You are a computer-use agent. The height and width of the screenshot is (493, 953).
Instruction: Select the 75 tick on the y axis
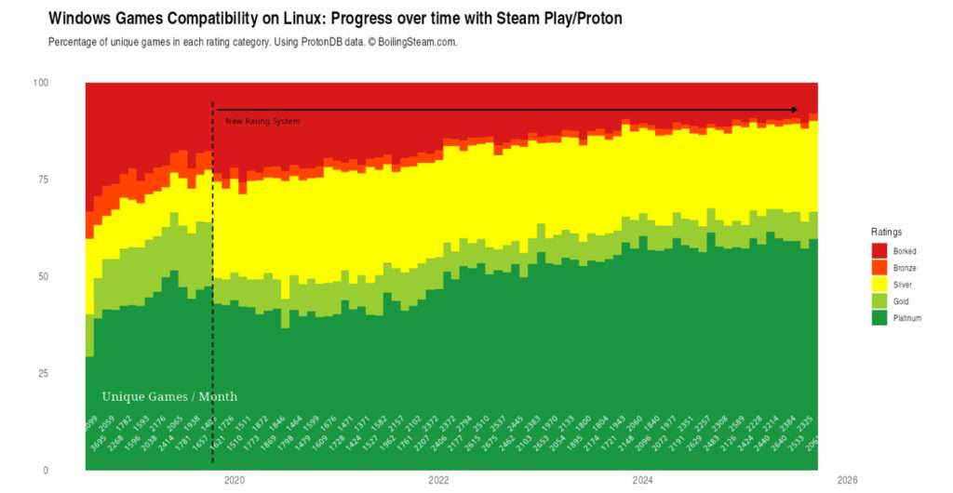[x=43, y=180]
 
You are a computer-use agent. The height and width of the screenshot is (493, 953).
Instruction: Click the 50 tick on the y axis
[x=43, y=276]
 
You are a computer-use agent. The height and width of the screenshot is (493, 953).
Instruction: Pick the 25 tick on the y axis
[x=43, y=373]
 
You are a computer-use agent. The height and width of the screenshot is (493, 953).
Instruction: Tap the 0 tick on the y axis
[x=46, y=470]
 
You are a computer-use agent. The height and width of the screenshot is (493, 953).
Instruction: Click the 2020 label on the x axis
[x=235, y=481]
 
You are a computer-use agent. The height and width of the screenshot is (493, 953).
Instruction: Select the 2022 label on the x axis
[x=438, y=481]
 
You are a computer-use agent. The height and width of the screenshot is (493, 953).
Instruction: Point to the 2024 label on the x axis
[x=642, y=481]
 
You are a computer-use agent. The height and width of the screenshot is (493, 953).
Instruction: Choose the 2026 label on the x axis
[x=846, y=481]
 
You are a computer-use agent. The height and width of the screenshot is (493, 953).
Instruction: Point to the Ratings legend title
[x=886, y=232]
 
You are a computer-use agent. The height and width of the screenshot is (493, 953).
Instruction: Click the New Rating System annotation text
[x=262, y=121]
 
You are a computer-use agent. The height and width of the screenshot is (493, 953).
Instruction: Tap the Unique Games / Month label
[x=169, y=397]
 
